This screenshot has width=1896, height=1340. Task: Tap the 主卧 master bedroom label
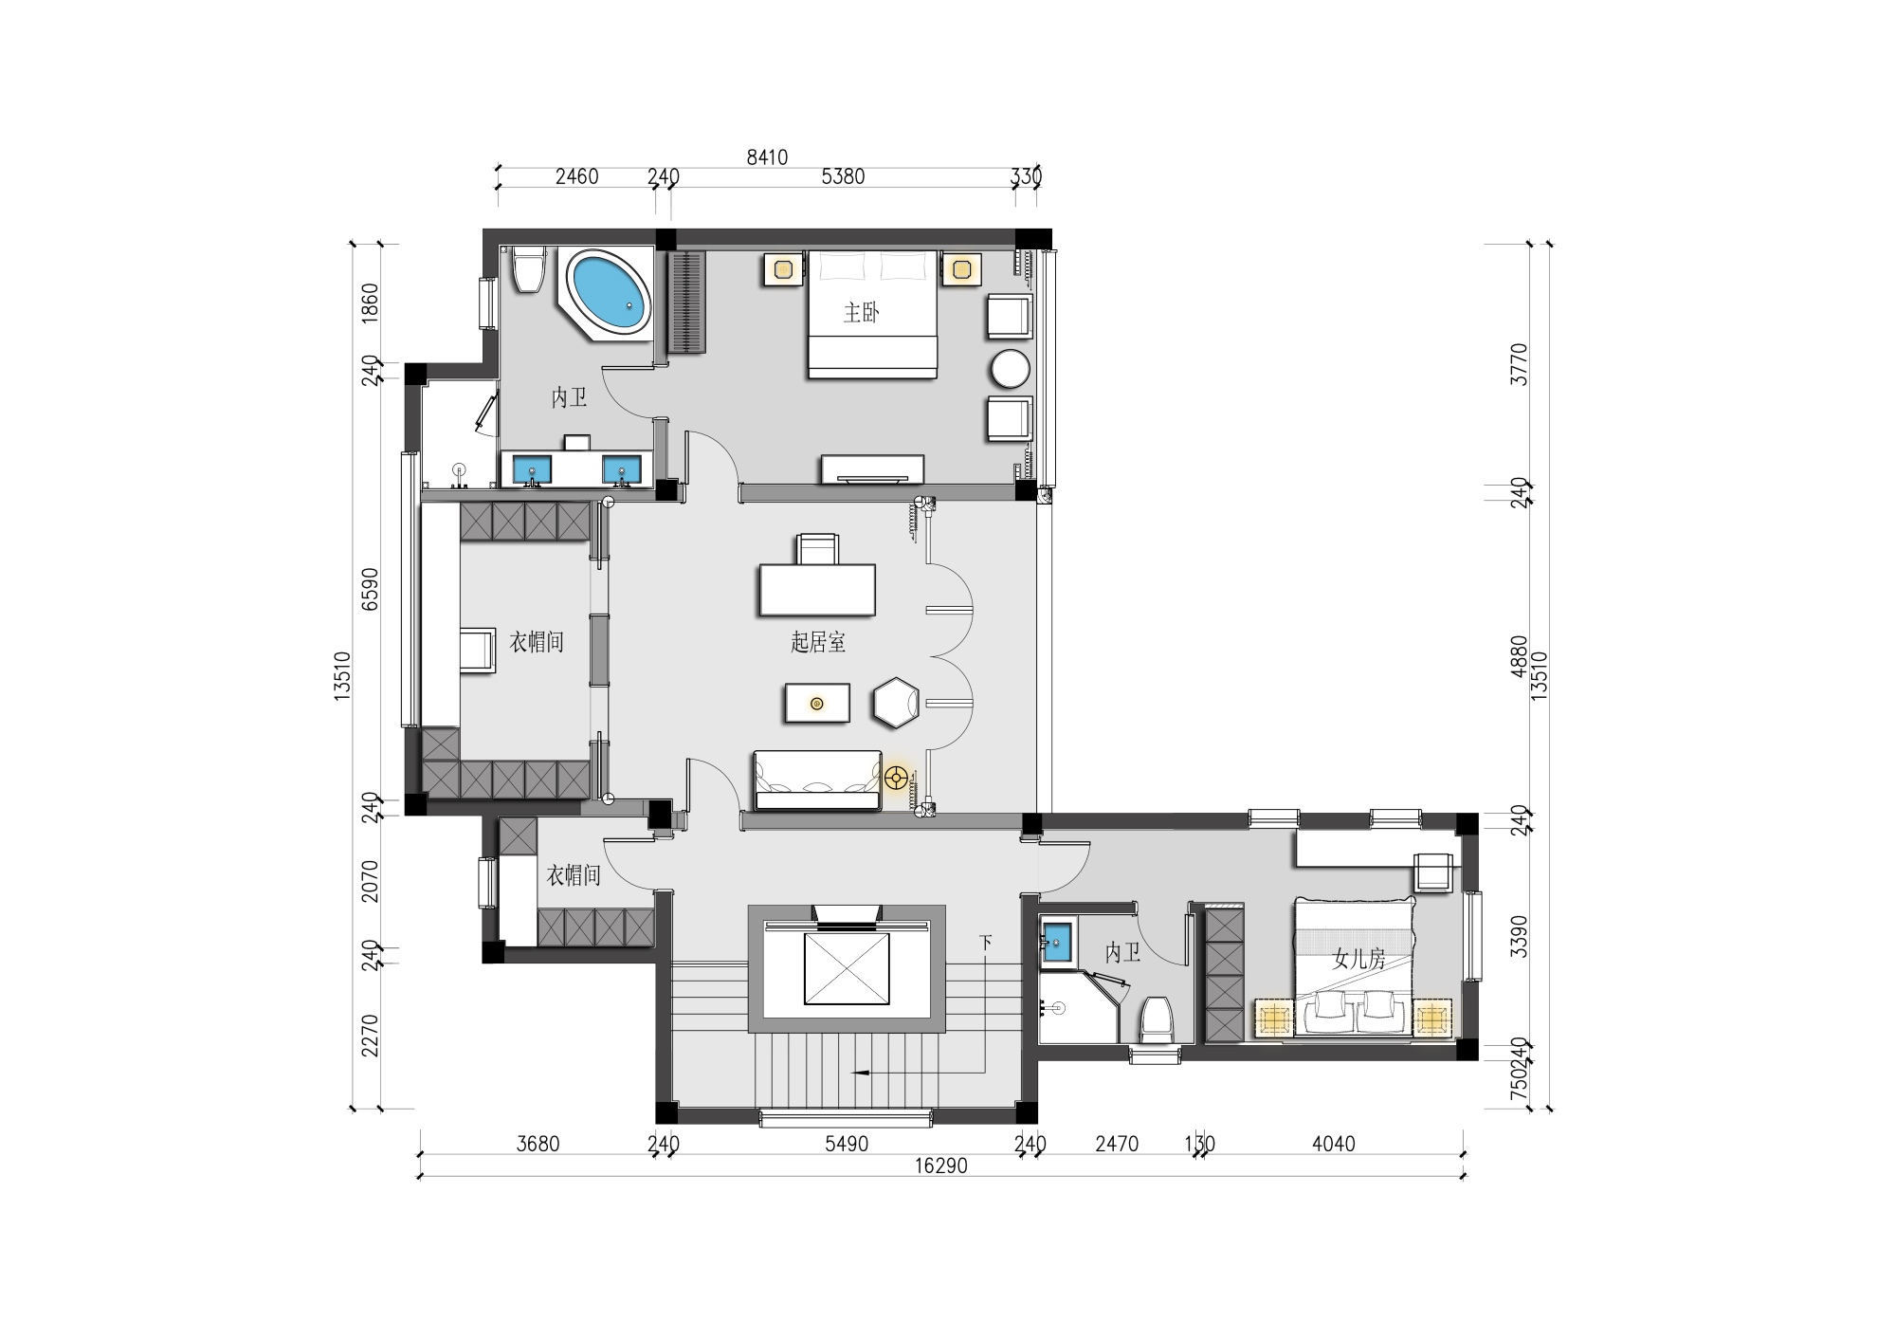(862, 313)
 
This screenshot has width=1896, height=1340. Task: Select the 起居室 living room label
(818, 643)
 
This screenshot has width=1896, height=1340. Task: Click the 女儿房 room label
(1359, 960)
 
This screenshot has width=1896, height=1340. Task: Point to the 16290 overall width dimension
(941, 1166)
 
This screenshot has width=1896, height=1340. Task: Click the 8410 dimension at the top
(767, 157)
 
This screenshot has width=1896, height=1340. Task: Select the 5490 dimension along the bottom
(847, 1145)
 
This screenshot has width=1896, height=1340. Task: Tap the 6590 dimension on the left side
(371, 589)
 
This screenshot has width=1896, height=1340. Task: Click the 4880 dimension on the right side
(1519, 656)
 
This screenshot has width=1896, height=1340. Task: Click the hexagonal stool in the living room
(896, 703)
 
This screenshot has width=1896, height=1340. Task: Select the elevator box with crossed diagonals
(847, 968)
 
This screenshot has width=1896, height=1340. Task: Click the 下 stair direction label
(986, 943)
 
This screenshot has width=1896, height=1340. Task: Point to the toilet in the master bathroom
(529, 269)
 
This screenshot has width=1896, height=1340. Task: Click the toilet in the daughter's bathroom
(1157, 1019)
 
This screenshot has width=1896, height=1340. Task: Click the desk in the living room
(817, 590)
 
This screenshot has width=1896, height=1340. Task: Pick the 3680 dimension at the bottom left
(538, 1145)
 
